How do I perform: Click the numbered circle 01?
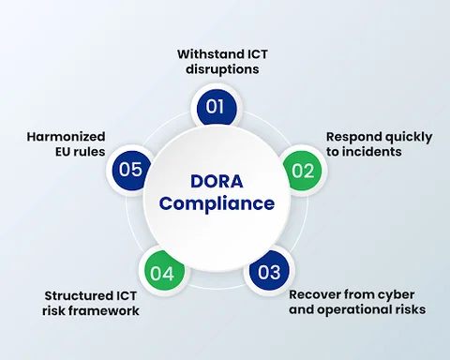[x=216, y=106]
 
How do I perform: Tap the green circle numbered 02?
[x=301, y=172]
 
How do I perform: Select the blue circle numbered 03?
[x=269, y=273]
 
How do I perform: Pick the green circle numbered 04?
[x=161, y=273]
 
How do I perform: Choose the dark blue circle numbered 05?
[x=130, y=170]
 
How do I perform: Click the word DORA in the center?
[x=216, y=181]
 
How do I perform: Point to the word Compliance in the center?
[x=217, y=203]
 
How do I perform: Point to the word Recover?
[x=315, y=294]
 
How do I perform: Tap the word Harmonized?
[x=67, y=136]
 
